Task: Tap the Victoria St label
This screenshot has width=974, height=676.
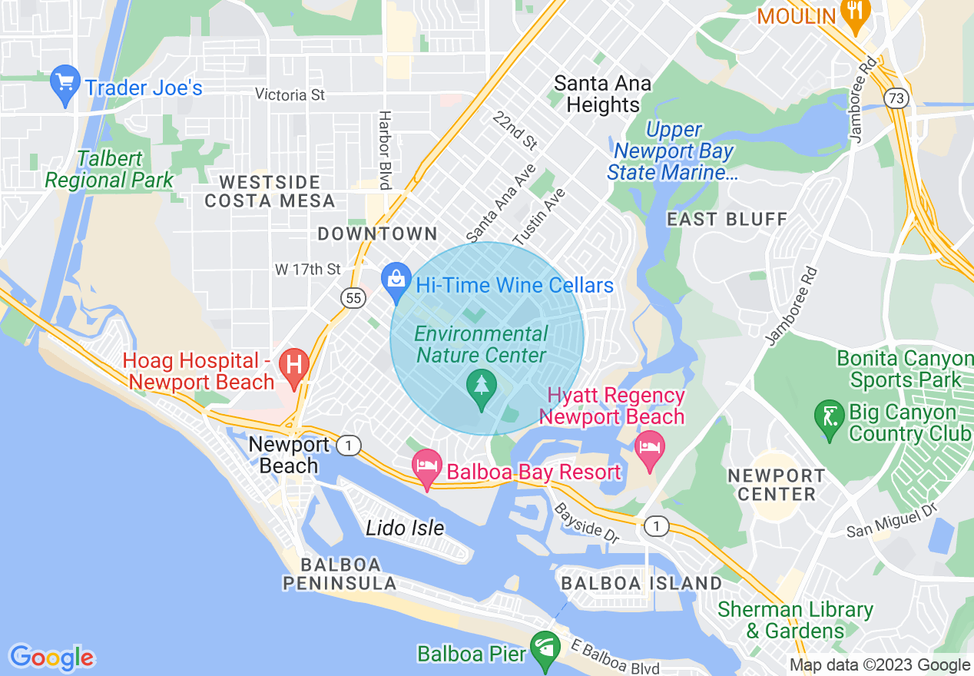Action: [290, 95]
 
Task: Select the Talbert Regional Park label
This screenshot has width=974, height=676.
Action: [109, 170]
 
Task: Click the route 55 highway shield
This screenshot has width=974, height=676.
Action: [353, 299]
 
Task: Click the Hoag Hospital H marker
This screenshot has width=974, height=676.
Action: [293, 364]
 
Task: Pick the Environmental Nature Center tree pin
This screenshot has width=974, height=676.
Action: [481, 388]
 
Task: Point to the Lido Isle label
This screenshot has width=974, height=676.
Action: [405, 528]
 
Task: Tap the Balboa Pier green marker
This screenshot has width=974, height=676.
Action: [545, 651]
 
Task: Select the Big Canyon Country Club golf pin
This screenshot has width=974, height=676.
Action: [830, 419]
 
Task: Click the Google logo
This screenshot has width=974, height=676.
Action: [51, 658]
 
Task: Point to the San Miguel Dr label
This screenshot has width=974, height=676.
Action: [893, 521]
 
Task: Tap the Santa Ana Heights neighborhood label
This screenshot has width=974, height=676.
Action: [603, 94]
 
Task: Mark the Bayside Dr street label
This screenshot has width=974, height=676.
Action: [585, 523]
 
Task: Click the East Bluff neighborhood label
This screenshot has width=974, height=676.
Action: [727, 219]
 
